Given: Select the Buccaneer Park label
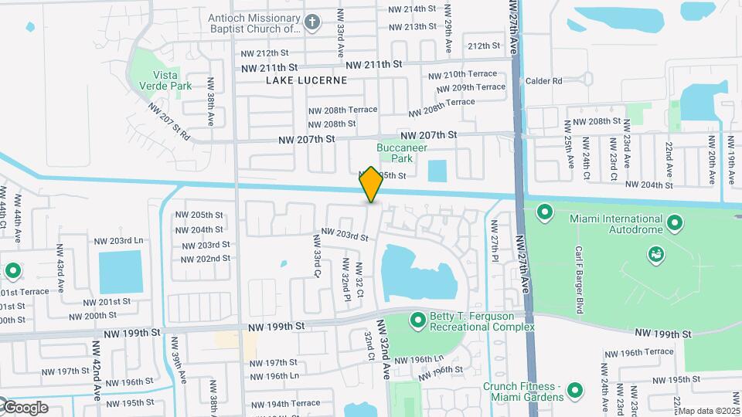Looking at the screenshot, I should click(x=401, y=153).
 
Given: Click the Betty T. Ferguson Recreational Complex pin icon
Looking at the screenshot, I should click(x=418, y=319).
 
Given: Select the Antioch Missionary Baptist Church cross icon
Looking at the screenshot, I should click(x=312, y=22).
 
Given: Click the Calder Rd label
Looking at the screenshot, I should click(x=543, y=81).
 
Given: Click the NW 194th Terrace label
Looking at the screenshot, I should click(x=284, y=403).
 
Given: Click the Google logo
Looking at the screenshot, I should click(x=25, y=408).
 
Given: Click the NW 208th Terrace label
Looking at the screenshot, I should click(x=342, y=110).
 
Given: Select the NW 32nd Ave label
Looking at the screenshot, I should click(x=383, y=350).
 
